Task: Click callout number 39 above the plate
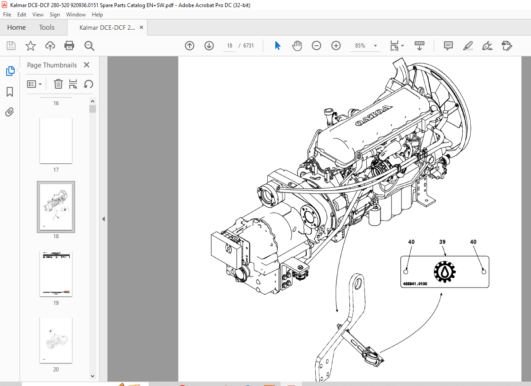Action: [x=442, y=242]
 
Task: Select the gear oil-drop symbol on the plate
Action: [x=444, y=272]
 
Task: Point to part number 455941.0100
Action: [x=415, y=284]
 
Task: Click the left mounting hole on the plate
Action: [x=406, y=272]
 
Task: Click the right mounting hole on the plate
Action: [x=484, y=272]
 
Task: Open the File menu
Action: [x=7, y=15]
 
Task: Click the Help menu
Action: [x=97, y=15]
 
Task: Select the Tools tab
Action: [x=47, y=28]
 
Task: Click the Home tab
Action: [x=16, y=28]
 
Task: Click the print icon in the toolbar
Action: [x=69, y=46]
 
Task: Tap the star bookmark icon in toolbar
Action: [x=30, y=46]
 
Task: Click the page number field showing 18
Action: [x=230, y=46]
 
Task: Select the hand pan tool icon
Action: [x=297, y=46]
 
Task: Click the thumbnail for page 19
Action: [x=56, y=274]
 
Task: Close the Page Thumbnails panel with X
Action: [x=87, y=65]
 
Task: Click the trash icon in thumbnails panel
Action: [x=58, y=84]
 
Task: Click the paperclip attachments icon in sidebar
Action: [x=10, y=112]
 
